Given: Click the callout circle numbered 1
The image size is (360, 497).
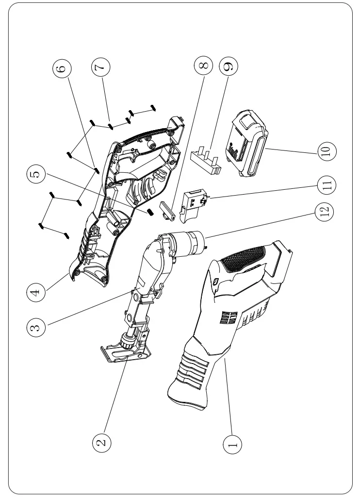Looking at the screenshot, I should click(233, 443).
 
